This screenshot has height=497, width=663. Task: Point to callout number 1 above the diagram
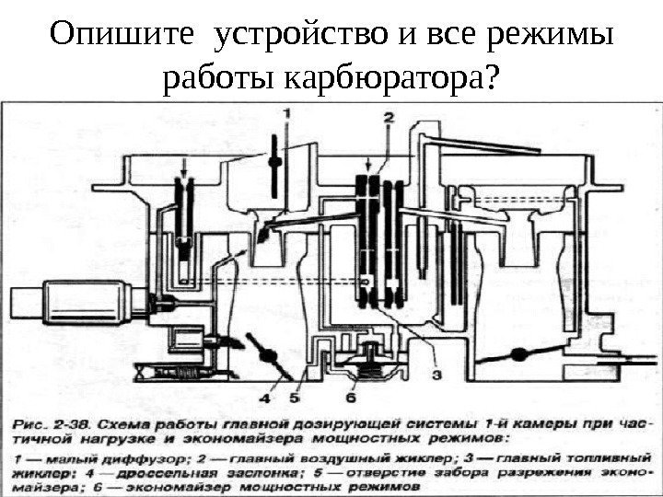coord(285,112)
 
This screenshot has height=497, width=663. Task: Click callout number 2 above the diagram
coord(389,117)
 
